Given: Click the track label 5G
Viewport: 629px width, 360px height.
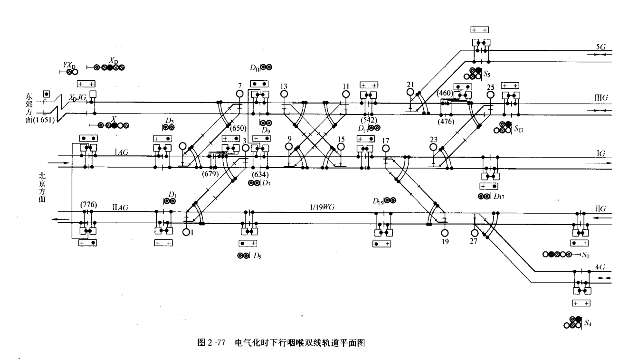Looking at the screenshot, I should pyautogui.click(x=600, y=47).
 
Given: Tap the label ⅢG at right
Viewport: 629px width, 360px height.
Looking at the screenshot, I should pyautogui.click(x=601, y=97).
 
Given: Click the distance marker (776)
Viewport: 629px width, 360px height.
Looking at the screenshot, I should pyautogui.click(x=88, y=205).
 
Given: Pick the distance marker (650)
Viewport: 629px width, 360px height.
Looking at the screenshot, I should pyautogui.click(x=237, y=128).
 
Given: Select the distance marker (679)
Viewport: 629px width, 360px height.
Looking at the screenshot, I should pyautogui.click(x=210, y=174).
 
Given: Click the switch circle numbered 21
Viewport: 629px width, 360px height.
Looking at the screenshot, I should pyautogui.click(x=411, y=93).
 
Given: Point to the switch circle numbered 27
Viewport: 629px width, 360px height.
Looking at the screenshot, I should pyautogui.click(x=474, y=233).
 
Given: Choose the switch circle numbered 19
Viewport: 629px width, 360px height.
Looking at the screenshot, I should pyautogui.click(x=445, y=233).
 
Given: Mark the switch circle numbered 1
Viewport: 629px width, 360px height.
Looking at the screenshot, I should pyautogui.click(x=186, y=232).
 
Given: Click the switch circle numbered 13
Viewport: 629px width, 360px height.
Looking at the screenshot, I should pyautogui.click(x=284, y=94).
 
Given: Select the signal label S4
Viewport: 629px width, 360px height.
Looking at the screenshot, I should pyautogui.click(x=588, y=323).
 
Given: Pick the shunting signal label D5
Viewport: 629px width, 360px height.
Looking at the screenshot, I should pyautogui.click(x=257, y=256).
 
